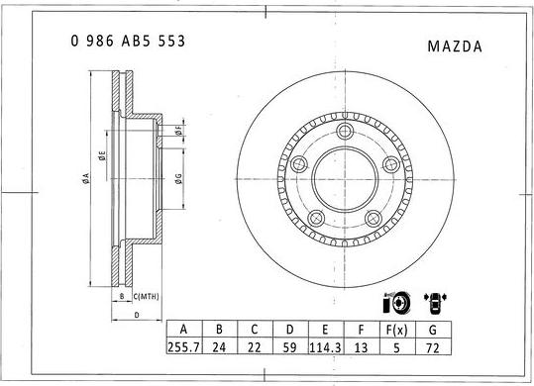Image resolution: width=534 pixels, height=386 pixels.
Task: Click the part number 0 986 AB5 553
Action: (x=128, y=42)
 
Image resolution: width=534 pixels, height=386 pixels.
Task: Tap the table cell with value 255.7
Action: (x=183, y=347)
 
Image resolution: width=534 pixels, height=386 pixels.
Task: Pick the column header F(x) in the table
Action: (x=396, y=330)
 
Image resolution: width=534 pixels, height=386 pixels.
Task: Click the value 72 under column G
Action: (x=432, y=347)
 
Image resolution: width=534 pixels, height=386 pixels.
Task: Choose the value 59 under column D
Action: (x=289, y=347)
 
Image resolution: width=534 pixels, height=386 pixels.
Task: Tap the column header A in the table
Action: (x=183, y=330)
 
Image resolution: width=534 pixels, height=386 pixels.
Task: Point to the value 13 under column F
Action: (x=361, y=347)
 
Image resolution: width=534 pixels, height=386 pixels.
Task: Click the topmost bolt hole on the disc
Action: (x=345, y=133)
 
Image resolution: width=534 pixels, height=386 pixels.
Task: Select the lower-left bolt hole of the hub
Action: (x=317, y=220)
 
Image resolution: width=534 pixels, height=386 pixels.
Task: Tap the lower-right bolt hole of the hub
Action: (x=374, y=220)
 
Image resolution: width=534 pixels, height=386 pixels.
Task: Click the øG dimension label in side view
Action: (x=177, y=178)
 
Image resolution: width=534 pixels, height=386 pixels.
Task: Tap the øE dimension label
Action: (x=101, y=155)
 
